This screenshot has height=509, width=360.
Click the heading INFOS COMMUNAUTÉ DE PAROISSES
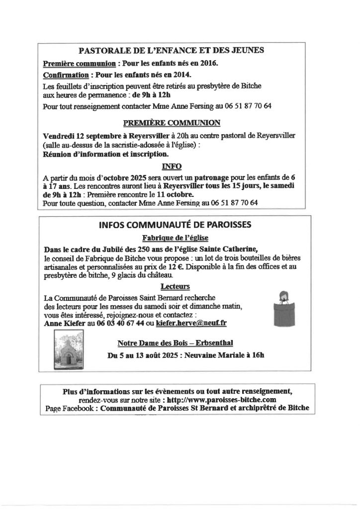point(175,225)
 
